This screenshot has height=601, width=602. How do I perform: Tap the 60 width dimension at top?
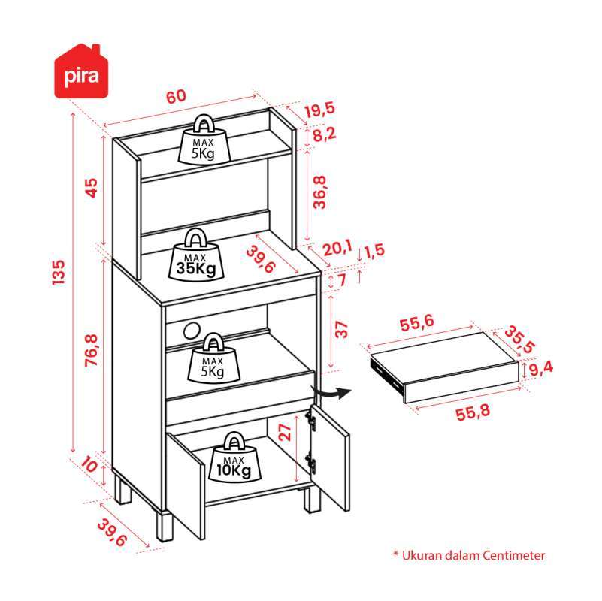coord(176,96)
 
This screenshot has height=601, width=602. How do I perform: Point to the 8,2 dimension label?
coord(324,135)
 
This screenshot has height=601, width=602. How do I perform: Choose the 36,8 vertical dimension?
coord(321,192)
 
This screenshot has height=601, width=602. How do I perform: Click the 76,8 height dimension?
coord(91,352)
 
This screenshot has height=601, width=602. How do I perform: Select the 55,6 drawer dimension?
coord(417,324)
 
